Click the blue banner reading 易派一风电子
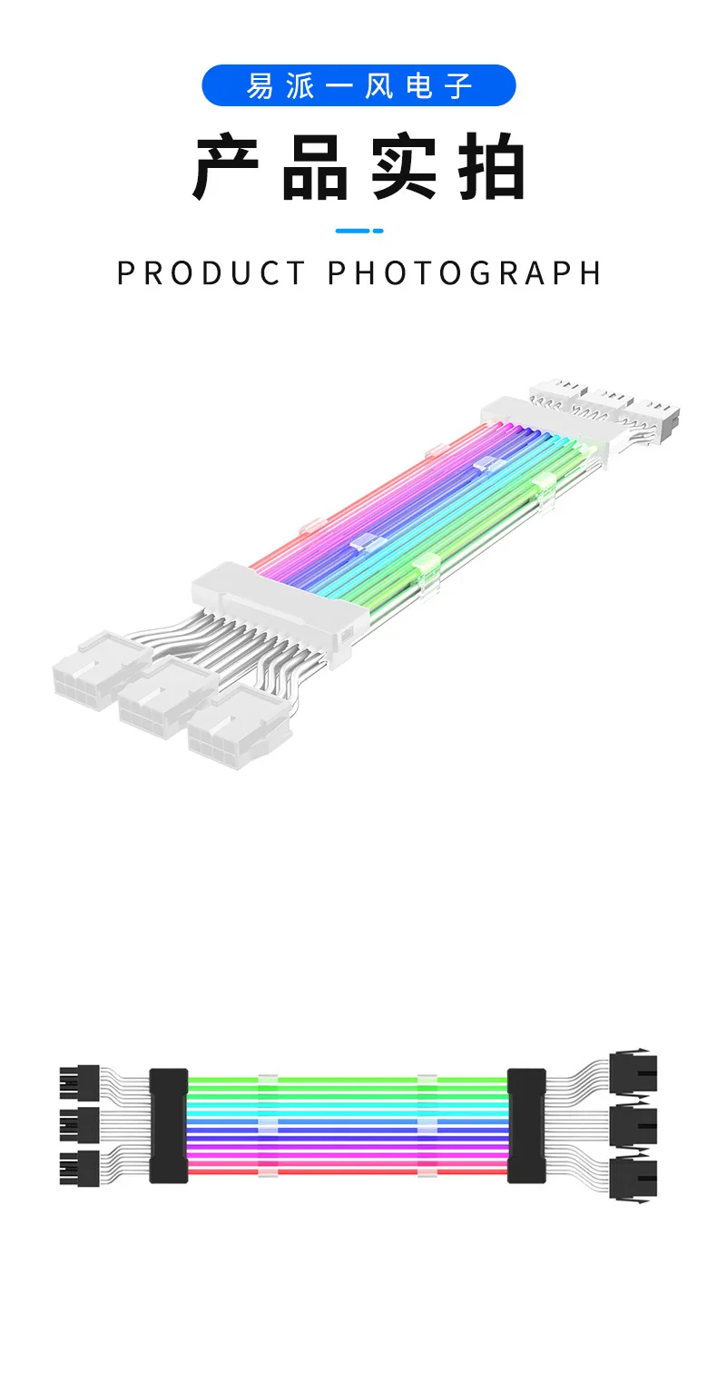coord(358,85)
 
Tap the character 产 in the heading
coord(226,168)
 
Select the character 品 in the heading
coord(315,168)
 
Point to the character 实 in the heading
coord(404,168)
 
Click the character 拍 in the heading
coord(492,168)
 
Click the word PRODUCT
coord(212,273)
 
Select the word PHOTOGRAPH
coord(464,273)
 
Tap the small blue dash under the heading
coord(359,231)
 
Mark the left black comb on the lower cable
coord(168,1125)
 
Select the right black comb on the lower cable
coord(526,1125)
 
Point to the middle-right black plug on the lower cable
coord(633,1126)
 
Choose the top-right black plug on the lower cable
coord(633,1074)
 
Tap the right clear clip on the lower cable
coord(427,1126)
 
